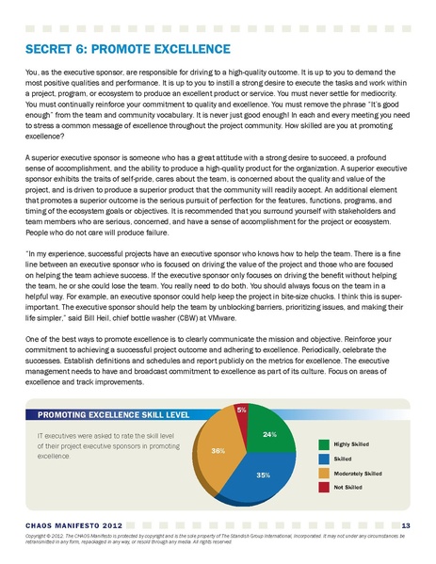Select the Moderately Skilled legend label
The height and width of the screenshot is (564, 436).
click(x=358, y=473)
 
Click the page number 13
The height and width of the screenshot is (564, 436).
click(x=405, y=524)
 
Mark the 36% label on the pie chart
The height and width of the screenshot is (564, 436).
click(x=218, y=452)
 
